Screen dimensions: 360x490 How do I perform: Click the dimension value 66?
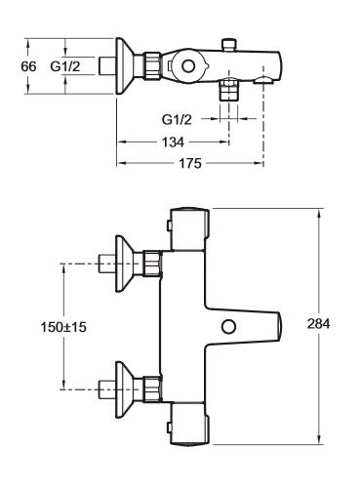pos(28,66)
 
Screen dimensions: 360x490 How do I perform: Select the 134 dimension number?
pos(173,143)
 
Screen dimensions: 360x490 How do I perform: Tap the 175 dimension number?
pos(190,163)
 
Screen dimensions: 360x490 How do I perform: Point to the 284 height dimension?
pos(319,324)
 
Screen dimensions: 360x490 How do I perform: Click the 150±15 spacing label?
pos(63,327)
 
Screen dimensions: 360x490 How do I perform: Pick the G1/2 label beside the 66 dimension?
pos(65,66)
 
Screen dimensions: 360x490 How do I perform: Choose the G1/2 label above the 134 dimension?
pos(177,120)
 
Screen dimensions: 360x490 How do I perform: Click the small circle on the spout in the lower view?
pos(228,326)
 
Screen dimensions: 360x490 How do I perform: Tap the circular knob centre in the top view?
pos(188,66)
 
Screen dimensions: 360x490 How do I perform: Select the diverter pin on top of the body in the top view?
pos(229,45)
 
